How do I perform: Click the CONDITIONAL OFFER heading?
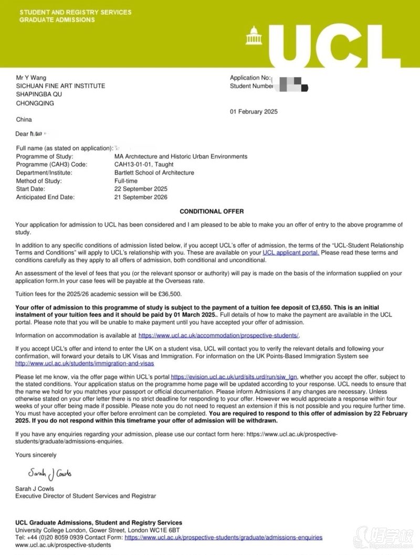click(x=212, y=211)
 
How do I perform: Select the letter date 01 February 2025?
click(x=254, y=111)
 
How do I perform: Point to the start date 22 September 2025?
click(x=141, y=189)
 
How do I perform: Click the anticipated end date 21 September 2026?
click(x=141, y=197)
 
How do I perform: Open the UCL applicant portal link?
click(x=290, y=253)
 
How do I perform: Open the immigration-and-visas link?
click(x=85, y=363)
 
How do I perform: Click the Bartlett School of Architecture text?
click(x=154, y=173)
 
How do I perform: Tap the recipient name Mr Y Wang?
click(x=31, y=78)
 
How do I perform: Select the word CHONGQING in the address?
click(x=35, y=103)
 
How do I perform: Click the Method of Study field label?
click(x=39, y=181)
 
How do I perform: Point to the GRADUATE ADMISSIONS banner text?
click(x=57, y=20)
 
